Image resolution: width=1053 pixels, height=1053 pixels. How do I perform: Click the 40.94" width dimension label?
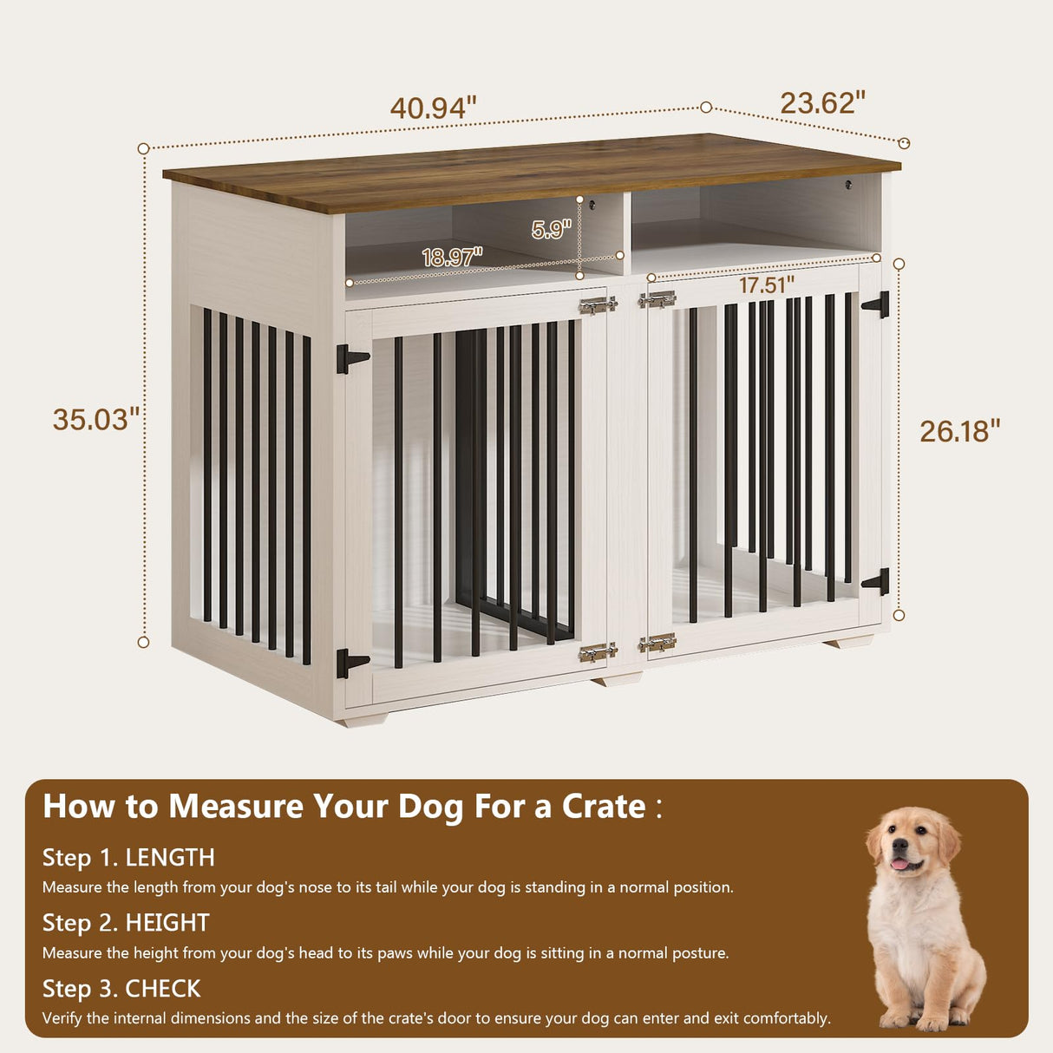[433, 108]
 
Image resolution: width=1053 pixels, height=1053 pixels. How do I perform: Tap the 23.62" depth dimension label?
[822, 103]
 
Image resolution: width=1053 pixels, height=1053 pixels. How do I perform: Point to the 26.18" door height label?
[960, 431]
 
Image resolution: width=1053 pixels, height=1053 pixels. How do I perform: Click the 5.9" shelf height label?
[551, 229]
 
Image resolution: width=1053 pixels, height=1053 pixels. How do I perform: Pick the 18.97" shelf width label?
[452, 257]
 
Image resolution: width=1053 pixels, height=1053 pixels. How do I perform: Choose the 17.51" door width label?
[767, 285]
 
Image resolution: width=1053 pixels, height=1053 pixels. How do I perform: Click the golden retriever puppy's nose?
[899, 851]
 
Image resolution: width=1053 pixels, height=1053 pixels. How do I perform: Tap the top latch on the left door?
[598, 304]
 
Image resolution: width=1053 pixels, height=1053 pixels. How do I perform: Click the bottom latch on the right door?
[657, 644]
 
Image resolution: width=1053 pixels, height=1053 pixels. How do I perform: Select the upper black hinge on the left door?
[350, 358]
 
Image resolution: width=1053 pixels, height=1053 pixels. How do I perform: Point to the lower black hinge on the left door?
[350, 663]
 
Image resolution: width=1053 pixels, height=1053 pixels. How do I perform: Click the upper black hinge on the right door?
[877, 304]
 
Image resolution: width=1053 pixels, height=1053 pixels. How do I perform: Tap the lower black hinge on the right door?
[877, 581]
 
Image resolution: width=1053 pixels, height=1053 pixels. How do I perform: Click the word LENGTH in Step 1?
[170, 857]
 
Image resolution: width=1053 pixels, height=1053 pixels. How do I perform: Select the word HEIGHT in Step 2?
[167, 922]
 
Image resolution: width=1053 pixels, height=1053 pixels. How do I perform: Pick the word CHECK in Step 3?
[163, 988]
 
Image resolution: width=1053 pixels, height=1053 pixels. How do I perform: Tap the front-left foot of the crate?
[363, 719]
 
